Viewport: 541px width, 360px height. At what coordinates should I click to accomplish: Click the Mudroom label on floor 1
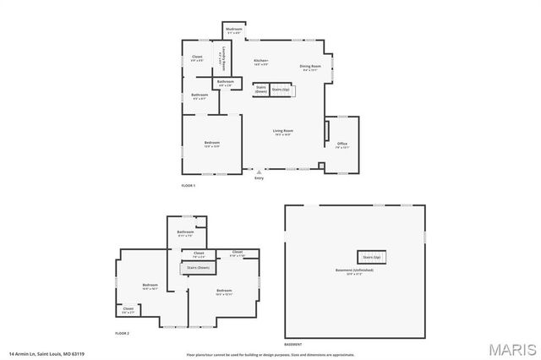(234, 30)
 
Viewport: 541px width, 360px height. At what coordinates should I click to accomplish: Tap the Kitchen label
(261, 61)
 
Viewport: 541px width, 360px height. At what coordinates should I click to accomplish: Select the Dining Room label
(310, 66)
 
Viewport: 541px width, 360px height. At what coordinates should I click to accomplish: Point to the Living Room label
(282, 131)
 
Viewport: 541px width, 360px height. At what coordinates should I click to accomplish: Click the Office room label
(342, 144)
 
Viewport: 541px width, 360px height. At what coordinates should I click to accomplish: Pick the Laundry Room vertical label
(219, 63)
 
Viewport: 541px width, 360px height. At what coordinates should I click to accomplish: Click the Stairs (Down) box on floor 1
(261, 88)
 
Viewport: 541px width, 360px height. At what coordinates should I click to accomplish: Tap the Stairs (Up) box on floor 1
(281, 88)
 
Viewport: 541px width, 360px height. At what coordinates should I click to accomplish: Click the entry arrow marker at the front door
(260, 171)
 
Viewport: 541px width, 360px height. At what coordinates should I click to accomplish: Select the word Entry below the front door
(260, 177)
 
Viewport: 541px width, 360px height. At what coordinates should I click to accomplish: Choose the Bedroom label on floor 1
(212, 143)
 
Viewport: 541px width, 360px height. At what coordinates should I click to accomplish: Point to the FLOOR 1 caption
(189, 185)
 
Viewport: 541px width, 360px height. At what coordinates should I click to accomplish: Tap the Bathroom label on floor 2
(185, 232)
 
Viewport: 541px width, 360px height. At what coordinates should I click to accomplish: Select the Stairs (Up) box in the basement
(371, 256)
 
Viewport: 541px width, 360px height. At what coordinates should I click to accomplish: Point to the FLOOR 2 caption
(122, 334)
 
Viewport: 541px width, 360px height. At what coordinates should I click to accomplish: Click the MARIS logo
(511, 348)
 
